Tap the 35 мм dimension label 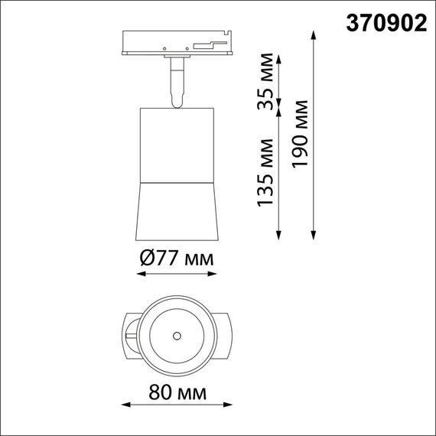point(265,89)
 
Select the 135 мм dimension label point(265,172)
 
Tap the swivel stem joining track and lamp point(177,81)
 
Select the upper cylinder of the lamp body point(177,145)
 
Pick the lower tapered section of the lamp point(177,210)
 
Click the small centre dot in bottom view point(177,335)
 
